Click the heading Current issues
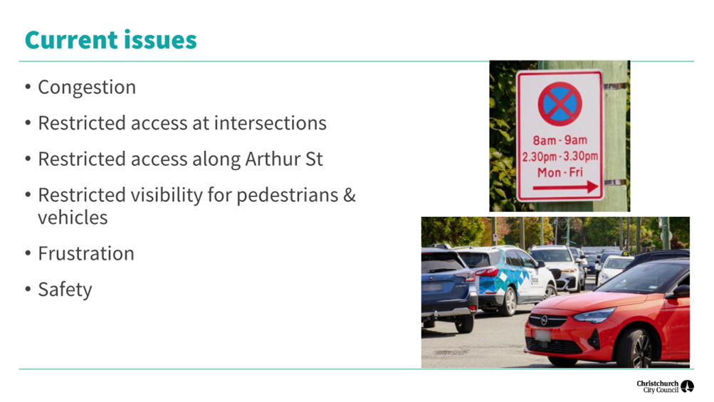(110, 40)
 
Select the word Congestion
(87, 88)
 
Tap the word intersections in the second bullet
(271, 123)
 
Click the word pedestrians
(288, 195)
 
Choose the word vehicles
(73, 218)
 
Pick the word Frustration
(86, 253)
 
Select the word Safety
(65, 290)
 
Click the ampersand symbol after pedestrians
(350, 195)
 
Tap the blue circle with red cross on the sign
(560, 104)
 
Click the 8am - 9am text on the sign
(560, 140)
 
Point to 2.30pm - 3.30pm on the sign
(560, 157)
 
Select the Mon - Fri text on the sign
(560, 173)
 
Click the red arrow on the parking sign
(565, 186)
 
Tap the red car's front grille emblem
(544, 320)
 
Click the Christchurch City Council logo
(665, 386)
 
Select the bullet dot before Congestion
(28, 87)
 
